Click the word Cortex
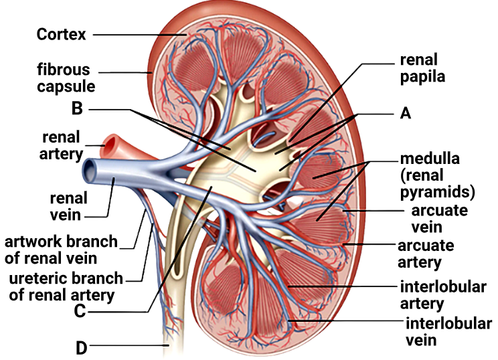[61, 34]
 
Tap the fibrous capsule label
[66, 78]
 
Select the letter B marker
[77, 108]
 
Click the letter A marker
[405, 113]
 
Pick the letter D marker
[81, 348]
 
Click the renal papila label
[422, 68]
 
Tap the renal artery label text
[61, 146]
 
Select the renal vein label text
[68, 207]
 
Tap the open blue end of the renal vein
[89, 171]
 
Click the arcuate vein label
[439, 219]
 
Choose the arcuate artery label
[426, 254]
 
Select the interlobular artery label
[443, 295]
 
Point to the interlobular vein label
[448, 332]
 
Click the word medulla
[430, 159]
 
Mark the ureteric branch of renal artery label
[66, 286]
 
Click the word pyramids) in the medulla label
[437, 193]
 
